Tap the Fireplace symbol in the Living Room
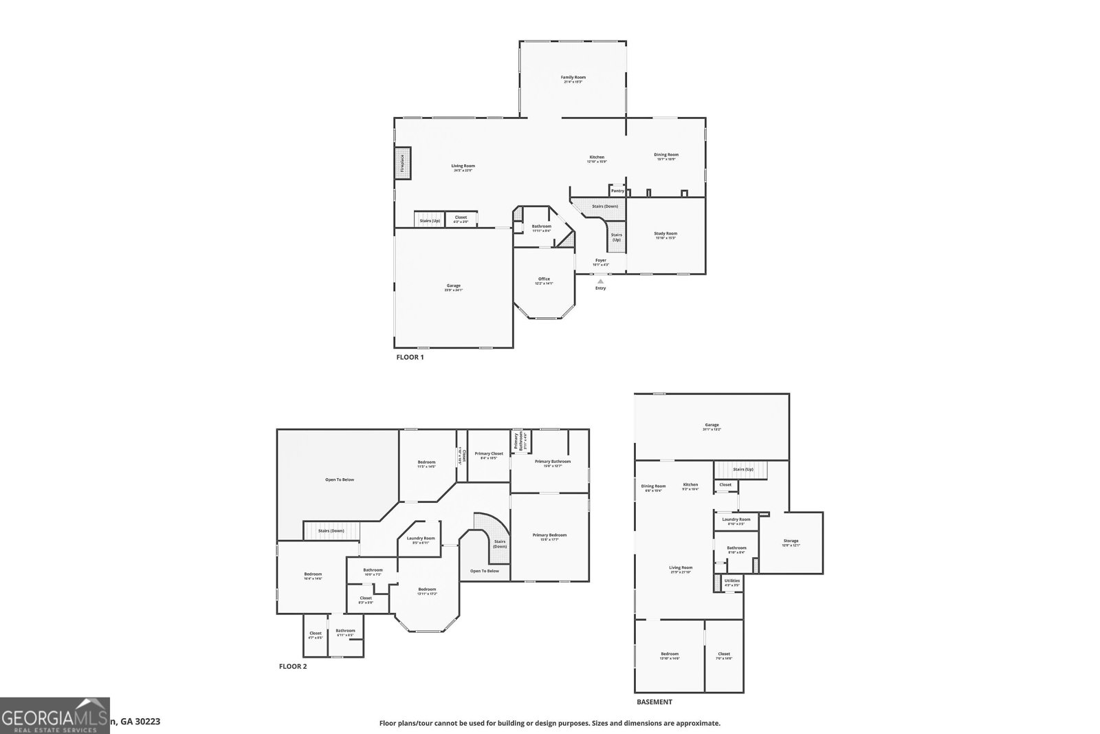coord(402,164)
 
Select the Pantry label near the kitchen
coord(617,191)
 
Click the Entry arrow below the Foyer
coord(600,281)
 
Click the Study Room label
coord(665,235)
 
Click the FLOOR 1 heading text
coord(410,358)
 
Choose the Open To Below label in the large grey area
coord(339,479)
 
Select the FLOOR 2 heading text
coord(293,666)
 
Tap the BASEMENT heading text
coord(654,702)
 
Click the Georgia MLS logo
coord(54,715)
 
